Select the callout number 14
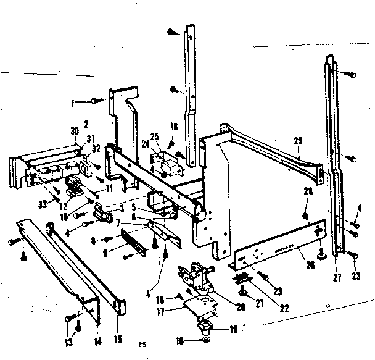tap(96, 339)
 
